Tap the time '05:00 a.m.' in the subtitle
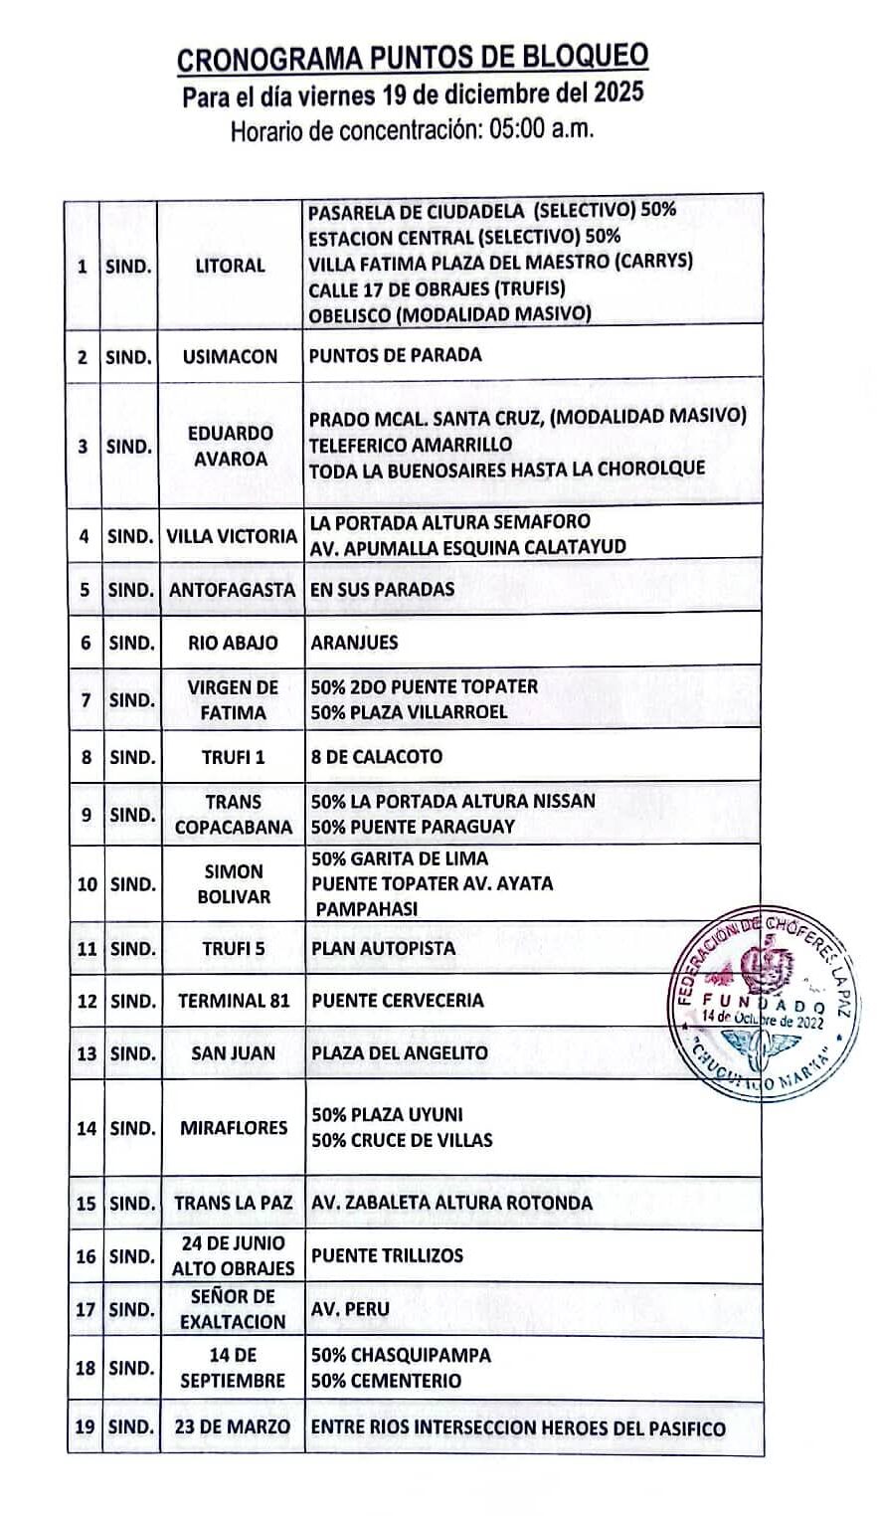[542, 130]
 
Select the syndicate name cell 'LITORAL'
[230, 266]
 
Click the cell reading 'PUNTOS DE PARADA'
[395, 355]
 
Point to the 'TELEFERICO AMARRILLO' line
[411, 444]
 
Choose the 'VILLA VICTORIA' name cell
[232, 536]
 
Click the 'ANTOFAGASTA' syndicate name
[232, 589]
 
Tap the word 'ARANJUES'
[354, 643]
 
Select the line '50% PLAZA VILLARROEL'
[409, 711]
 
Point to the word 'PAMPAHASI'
[367, 908]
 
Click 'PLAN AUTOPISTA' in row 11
[383, 948]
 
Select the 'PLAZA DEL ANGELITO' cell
[400, 1052]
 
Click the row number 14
[87, 1129]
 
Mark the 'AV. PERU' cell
[350, 1309]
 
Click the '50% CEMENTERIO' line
[386, 1380]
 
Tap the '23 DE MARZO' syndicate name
[233, 1427]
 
